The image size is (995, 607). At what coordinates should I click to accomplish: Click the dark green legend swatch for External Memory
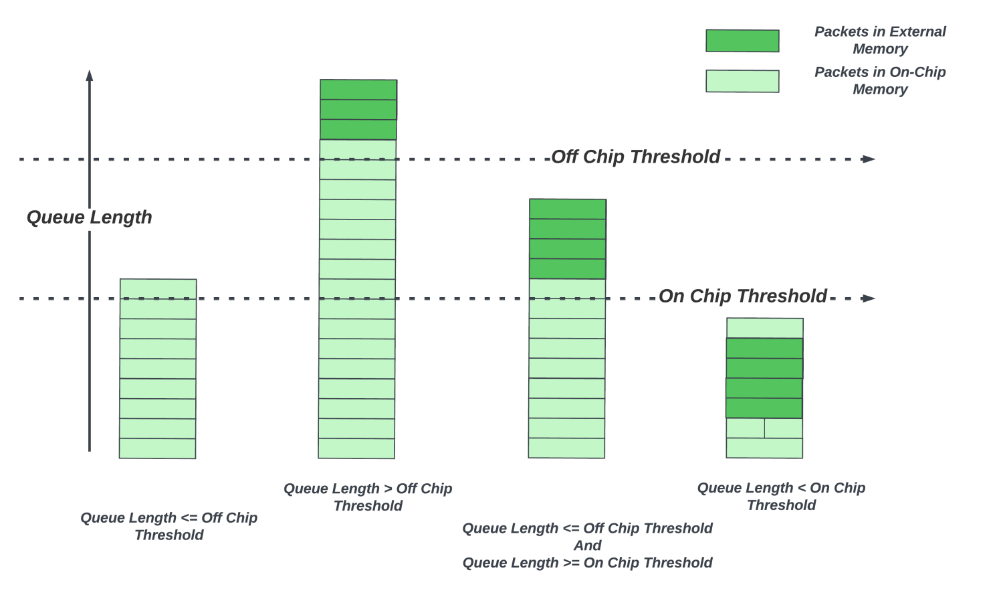pyautogui.click(x=742, y=41)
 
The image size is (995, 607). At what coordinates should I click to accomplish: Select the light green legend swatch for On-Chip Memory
pyautogui.click(x=742, y=82)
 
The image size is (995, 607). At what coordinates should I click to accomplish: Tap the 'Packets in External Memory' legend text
pyautogui.click(x=880, y=40)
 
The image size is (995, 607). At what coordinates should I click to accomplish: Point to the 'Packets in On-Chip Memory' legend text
pyautogui.click(x=880, y=80)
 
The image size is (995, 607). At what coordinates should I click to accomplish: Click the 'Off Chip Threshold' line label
pyautogui.click(x=636, y=157)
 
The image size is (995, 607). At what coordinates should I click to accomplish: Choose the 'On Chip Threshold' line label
pyautogui.click(x=743, y=296)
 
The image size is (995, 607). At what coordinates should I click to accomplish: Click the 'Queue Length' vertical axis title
pyautogui.click(x=90, y=218)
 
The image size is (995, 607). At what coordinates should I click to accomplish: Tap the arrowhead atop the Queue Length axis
pyautogui.click(x=90, y=76)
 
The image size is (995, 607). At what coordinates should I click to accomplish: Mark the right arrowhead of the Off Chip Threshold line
pyautogui.click(x=869, y=159)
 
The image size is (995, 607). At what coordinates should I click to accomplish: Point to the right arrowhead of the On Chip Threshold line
pyautogui.click(x=869, y=298)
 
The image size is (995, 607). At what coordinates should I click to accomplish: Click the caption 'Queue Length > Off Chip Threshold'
pyautogui.click(x=368, y=497)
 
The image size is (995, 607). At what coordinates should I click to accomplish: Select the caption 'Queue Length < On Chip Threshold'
pyautogui.click(x=781, y=497)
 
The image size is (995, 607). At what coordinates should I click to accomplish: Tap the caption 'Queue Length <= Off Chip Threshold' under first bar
pyautogui.click(x=169, y=526)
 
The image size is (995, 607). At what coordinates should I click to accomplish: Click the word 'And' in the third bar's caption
pyautogui.click(x=587, y=545)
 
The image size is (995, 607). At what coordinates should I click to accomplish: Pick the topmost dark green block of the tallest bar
pyautogui.click(x=358, y=90)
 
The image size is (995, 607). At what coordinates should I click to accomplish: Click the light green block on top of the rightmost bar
pyautogui.click(x=765, y=328)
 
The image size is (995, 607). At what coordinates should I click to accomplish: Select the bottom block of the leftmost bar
pyautogui.click(x=157, y=448)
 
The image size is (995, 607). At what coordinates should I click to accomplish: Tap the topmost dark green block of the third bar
pyautogui.click(x=568, y=209)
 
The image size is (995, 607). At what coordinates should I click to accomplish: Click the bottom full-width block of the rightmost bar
pyautogui.click(x=764, y=448)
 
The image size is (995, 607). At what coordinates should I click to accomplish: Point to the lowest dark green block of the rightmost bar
pyautogui.click(x=764, y=408)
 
